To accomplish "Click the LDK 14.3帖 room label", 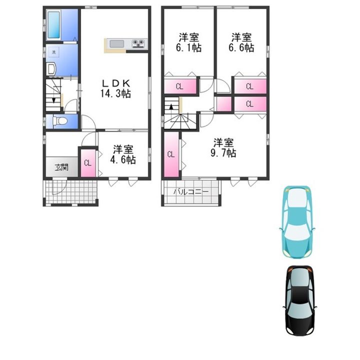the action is tap(115, 88).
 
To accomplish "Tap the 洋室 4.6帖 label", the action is tap(123, 154).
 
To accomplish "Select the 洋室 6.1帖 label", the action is tap(188, 42).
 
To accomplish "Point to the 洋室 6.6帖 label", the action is tap(241, 42).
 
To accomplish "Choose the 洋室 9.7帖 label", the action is tap(223, 147).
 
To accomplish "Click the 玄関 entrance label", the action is tap(61, 167).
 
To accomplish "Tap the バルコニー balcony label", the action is tap(191, 191).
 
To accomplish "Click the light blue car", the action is tap(297, 222).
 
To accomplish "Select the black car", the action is tap(299, 301).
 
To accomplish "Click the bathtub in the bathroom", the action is tap(54, 25).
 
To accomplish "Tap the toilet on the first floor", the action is tap(59, 121).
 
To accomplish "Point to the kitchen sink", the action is tap(116, 44).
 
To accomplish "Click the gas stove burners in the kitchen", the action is tap(138, 43).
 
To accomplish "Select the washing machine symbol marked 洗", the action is tap(53, 52).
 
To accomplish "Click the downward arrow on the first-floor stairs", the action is tap(53, 100).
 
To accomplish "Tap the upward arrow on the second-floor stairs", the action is tap(171, 106).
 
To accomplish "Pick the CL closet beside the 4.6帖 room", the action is tap(88, 163).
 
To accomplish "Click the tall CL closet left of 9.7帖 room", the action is tap(171, 154).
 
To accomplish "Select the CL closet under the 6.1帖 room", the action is tap(180, 86).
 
